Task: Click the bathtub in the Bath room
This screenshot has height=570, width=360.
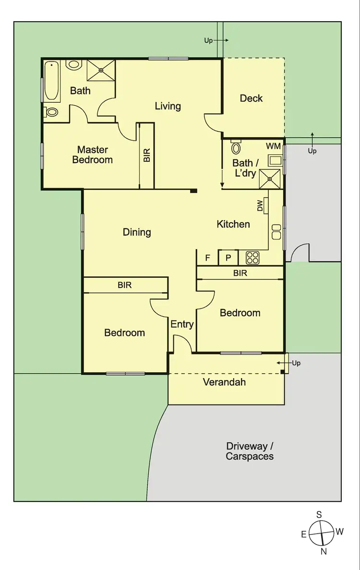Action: click(52, 81)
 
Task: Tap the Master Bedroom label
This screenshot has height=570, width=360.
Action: click(93, 154)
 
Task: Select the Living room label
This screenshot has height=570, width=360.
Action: click(168, 106)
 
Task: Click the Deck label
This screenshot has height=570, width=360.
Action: click(251, 98)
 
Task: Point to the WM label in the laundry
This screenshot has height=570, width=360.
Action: click(273, 145)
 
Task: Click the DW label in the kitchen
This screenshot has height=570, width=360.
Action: click(261, 206)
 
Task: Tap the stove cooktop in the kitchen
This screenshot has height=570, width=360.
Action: click(252, 258)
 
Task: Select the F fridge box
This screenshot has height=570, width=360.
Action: click(208, 258)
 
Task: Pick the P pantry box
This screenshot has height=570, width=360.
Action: click(228, 258)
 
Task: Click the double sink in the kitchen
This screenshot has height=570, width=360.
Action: click(276, 232)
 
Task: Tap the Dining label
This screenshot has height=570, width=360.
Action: click(137, 232)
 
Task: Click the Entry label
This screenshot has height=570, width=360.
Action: click(182, 324)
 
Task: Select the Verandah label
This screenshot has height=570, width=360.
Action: click(224, 382)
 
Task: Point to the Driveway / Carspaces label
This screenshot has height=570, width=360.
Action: click(250, 451)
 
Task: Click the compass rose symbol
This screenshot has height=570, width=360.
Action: click(321, 533)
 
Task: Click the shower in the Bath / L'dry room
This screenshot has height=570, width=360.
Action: click(270, 178)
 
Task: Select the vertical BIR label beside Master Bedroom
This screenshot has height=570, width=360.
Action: click(147, 155)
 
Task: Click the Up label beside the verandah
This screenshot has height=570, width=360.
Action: click(296, 363)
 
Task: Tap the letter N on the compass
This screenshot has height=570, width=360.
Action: click(324, 552)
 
